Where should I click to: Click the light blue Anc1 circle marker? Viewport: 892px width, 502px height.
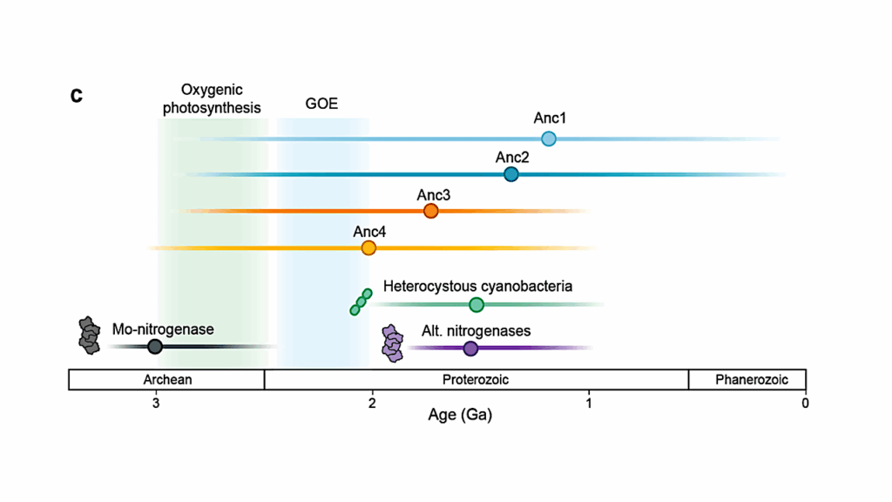pyautogui.click(x=549, y=139)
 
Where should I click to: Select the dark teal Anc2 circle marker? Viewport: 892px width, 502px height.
pyautogui.click(x=511, y=174)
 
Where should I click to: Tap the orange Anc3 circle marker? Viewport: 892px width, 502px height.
pyautogui.click(x=430, y=211)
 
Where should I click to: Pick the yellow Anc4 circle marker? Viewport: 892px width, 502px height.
pyautogui.click(x=368, y=248)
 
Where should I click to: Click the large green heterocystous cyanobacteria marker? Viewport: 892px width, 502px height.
pyautogui.click(x=476, y=304)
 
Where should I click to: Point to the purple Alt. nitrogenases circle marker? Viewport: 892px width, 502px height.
pyautogui.click(x=470, y=348)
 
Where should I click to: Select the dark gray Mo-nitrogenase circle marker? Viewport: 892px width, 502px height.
pyautogui.click(x=155, y=346)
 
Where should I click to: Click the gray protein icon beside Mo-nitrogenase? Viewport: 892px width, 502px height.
pyautogui.click(x=89, y=336)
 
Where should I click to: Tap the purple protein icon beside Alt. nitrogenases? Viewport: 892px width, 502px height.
pyautogui.click(x=394, y=344)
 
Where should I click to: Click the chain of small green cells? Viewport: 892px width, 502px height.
pyautogui.click(x=361, y=302)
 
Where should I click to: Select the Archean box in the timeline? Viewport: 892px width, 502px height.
pyautogui.click(x=166, y=380)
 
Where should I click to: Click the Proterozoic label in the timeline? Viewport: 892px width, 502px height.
pyautogui.click(x=476, y=380)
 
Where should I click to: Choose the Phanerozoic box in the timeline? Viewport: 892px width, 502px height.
pyautogui.click(x=747, y=380)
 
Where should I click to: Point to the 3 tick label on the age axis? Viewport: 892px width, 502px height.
pyautogui.click(x=156, y=403)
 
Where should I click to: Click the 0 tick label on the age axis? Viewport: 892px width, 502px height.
pyautogui.click(x=805, y=403)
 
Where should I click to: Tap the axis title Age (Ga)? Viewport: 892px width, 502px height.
pyautogui.click(x=460, y=416)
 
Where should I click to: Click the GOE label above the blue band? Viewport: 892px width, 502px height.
pyautogui.click(x=321, y=105)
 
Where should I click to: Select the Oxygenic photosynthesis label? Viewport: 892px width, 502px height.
pyautogui.click(x=212, y=99)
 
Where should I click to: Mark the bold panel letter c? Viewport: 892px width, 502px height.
pyautogui.click(x=77, y=95)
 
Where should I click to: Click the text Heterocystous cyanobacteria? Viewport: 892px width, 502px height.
pyautogui.click(x=477, y=286)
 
